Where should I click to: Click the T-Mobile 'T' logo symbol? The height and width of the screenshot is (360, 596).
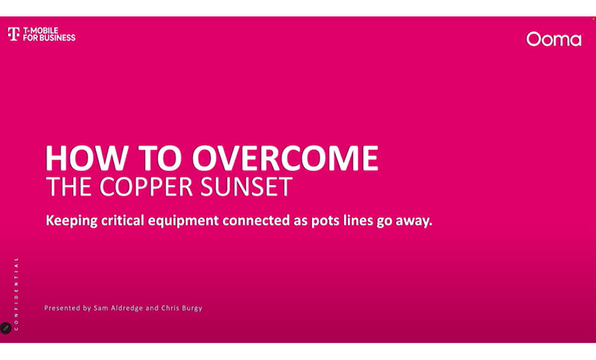13,34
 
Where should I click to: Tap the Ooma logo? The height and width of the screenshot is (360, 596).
554,40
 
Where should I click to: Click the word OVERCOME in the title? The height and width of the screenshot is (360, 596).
285,158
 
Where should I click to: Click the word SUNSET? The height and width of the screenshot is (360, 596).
247,186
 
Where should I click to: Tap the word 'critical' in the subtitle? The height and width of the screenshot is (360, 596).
122,221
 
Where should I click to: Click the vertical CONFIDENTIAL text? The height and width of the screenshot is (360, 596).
16,294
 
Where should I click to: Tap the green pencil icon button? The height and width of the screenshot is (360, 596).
6,328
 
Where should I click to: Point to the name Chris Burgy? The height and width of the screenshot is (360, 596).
182,309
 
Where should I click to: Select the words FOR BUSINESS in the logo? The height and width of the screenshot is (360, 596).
49,37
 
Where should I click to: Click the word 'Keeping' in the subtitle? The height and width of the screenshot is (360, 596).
72,221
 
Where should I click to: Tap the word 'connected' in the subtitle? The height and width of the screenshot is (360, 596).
256,221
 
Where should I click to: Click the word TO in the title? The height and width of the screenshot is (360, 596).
159,158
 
